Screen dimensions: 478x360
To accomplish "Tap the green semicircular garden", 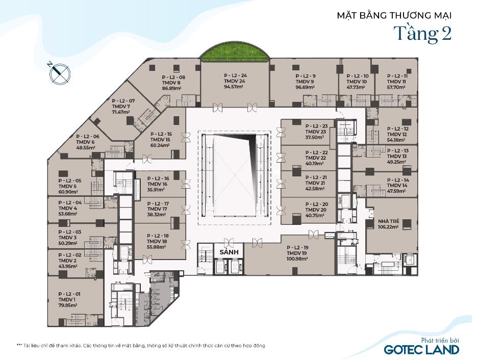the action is pos(235,51).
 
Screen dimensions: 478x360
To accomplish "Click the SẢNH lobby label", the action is pos(229,252).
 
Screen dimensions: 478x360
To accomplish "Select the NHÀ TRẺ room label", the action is pos(388,221).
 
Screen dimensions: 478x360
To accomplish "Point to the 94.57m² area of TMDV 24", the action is pos(234,87).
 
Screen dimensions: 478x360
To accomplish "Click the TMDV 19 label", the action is pos(296,253).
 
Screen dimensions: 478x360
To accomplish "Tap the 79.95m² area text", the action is pos(68,305).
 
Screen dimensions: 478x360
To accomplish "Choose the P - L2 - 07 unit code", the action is pos(123,100).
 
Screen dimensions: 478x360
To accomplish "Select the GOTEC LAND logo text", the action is pos(421,349).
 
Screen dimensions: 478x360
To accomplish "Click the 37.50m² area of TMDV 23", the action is pos(315,137).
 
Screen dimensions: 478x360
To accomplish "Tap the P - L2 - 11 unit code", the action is pos(397,76).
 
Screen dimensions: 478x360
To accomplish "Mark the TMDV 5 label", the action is pos(67,186).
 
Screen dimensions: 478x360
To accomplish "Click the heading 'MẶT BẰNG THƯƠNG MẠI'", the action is pos(394,15).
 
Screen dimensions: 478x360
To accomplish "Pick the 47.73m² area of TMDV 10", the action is pos(356,87).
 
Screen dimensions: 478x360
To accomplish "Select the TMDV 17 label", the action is pos(157,209).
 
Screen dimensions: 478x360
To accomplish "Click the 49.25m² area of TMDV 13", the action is pos(396,162).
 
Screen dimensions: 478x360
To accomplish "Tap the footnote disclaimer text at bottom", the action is pos(141,346).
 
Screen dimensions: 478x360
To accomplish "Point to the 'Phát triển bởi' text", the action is pos(440,340).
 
